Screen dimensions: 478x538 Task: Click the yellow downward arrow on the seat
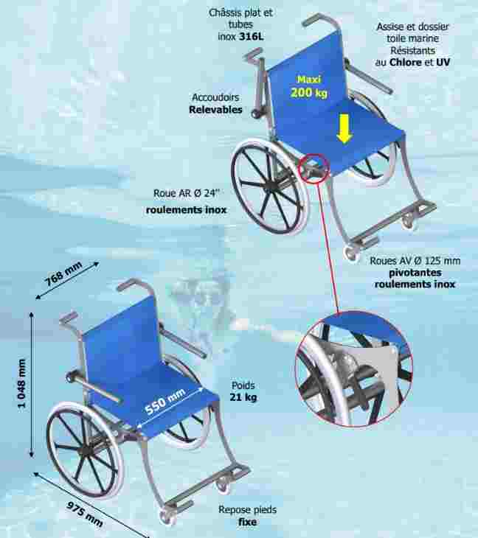pyautogui.click(x=344, y=129)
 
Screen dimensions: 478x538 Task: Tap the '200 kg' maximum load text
pyautogui.click(x=308, y=92)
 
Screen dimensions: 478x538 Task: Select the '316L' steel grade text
pyautogui.click(x=251, y=36)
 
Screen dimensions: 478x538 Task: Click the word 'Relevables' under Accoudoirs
pyautogui.click(x=215, y=110)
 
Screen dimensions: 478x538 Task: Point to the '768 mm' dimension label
pyautogui.click(x=64, y=274)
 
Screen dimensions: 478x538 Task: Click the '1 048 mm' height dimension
pyautogui.click(x=21, y=383)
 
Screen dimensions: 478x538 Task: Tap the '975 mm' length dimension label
pyautogui.click(x=85, y=514)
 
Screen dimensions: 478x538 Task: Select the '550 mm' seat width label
pyautogui.click(x=165, y=402)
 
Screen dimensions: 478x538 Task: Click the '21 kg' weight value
pyautogui.click(x=243, y=397)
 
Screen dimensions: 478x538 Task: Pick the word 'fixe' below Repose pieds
pyautogui.click(x=247, y=522)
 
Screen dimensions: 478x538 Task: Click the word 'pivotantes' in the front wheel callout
pyautogui.click(x=415, y=273)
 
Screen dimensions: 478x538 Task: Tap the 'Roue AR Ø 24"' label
pyautogui.click(x=186, y=194)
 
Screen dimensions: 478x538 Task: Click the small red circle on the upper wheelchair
pyautogui.click(x=314, y=169)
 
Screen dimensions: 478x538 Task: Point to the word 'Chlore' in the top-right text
pyautogui.click(x=405, y=63)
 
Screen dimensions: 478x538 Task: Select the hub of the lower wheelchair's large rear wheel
pyautogui.click(x=86, y=451)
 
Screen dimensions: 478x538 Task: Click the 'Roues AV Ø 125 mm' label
pyautogui.click(x=415, y=261)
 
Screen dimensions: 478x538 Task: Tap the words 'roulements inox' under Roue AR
pyautogui.click(x=186, y=209)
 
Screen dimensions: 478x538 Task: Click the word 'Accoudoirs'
pyautogui.click(x=215, y=97)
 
